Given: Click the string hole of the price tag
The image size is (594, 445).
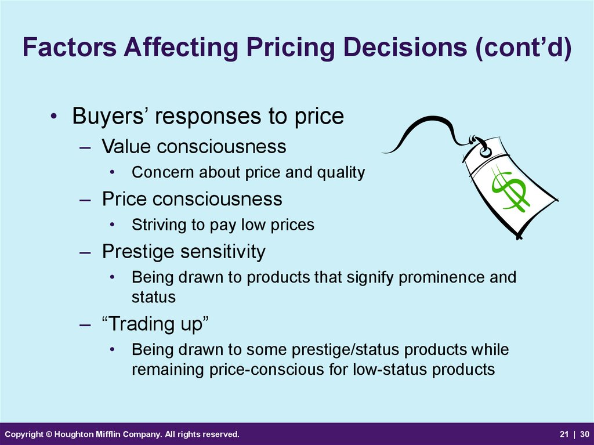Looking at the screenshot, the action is click(484, 152).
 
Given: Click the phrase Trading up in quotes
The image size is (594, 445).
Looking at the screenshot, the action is click(155, 324).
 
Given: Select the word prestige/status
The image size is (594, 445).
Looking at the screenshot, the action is click(345, 350).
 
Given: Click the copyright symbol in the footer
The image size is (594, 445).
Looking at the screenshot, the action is click(49, 434).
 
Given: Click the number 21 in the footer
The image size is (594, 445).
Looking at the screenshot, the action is click(564, 434).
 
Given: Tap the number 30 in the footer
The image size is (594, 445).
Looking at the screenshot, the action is click(585, 434).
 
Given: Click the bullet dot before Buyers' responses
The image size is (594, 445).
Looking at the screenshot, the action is click(53, 115).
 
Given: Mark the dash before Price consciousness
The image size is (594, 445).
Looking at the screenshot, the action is click(85, 200).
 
